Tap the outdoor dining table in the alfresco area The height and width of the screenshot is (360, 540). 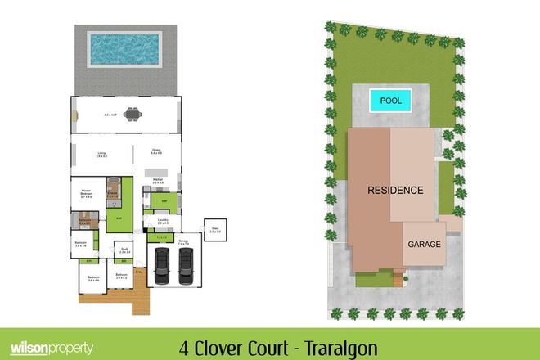[130, 114]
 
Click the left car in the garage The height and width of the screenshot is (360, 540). [163, 263]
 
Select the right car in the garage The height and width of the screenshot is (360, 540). [187, 263]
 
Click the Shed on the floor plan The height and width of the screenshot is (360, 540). [215, 231]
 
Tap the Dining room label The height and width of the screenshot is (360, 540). [156, 151]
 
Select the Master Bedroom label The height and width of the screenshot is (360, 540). [84, 193]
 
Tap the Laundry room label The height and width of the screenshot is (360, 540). [162, 221]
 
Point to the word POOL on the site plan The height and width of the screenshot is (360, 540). [391, 102]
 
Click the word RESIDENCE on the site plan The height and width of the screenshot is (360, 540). [394, 191]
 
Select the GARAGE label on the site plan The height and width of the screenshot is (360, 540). [424, 245]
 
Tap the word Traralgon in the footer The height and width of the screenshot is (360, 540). [337, 347]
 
